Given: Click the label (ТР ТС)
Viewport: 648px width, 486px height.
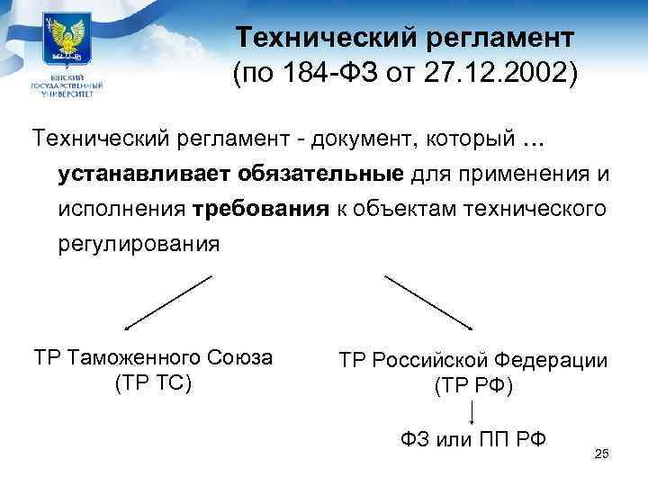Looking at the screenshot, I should coord(152,383).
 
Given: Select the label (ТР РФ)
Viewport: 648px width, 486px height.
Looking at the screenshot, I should coord(473,386).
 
